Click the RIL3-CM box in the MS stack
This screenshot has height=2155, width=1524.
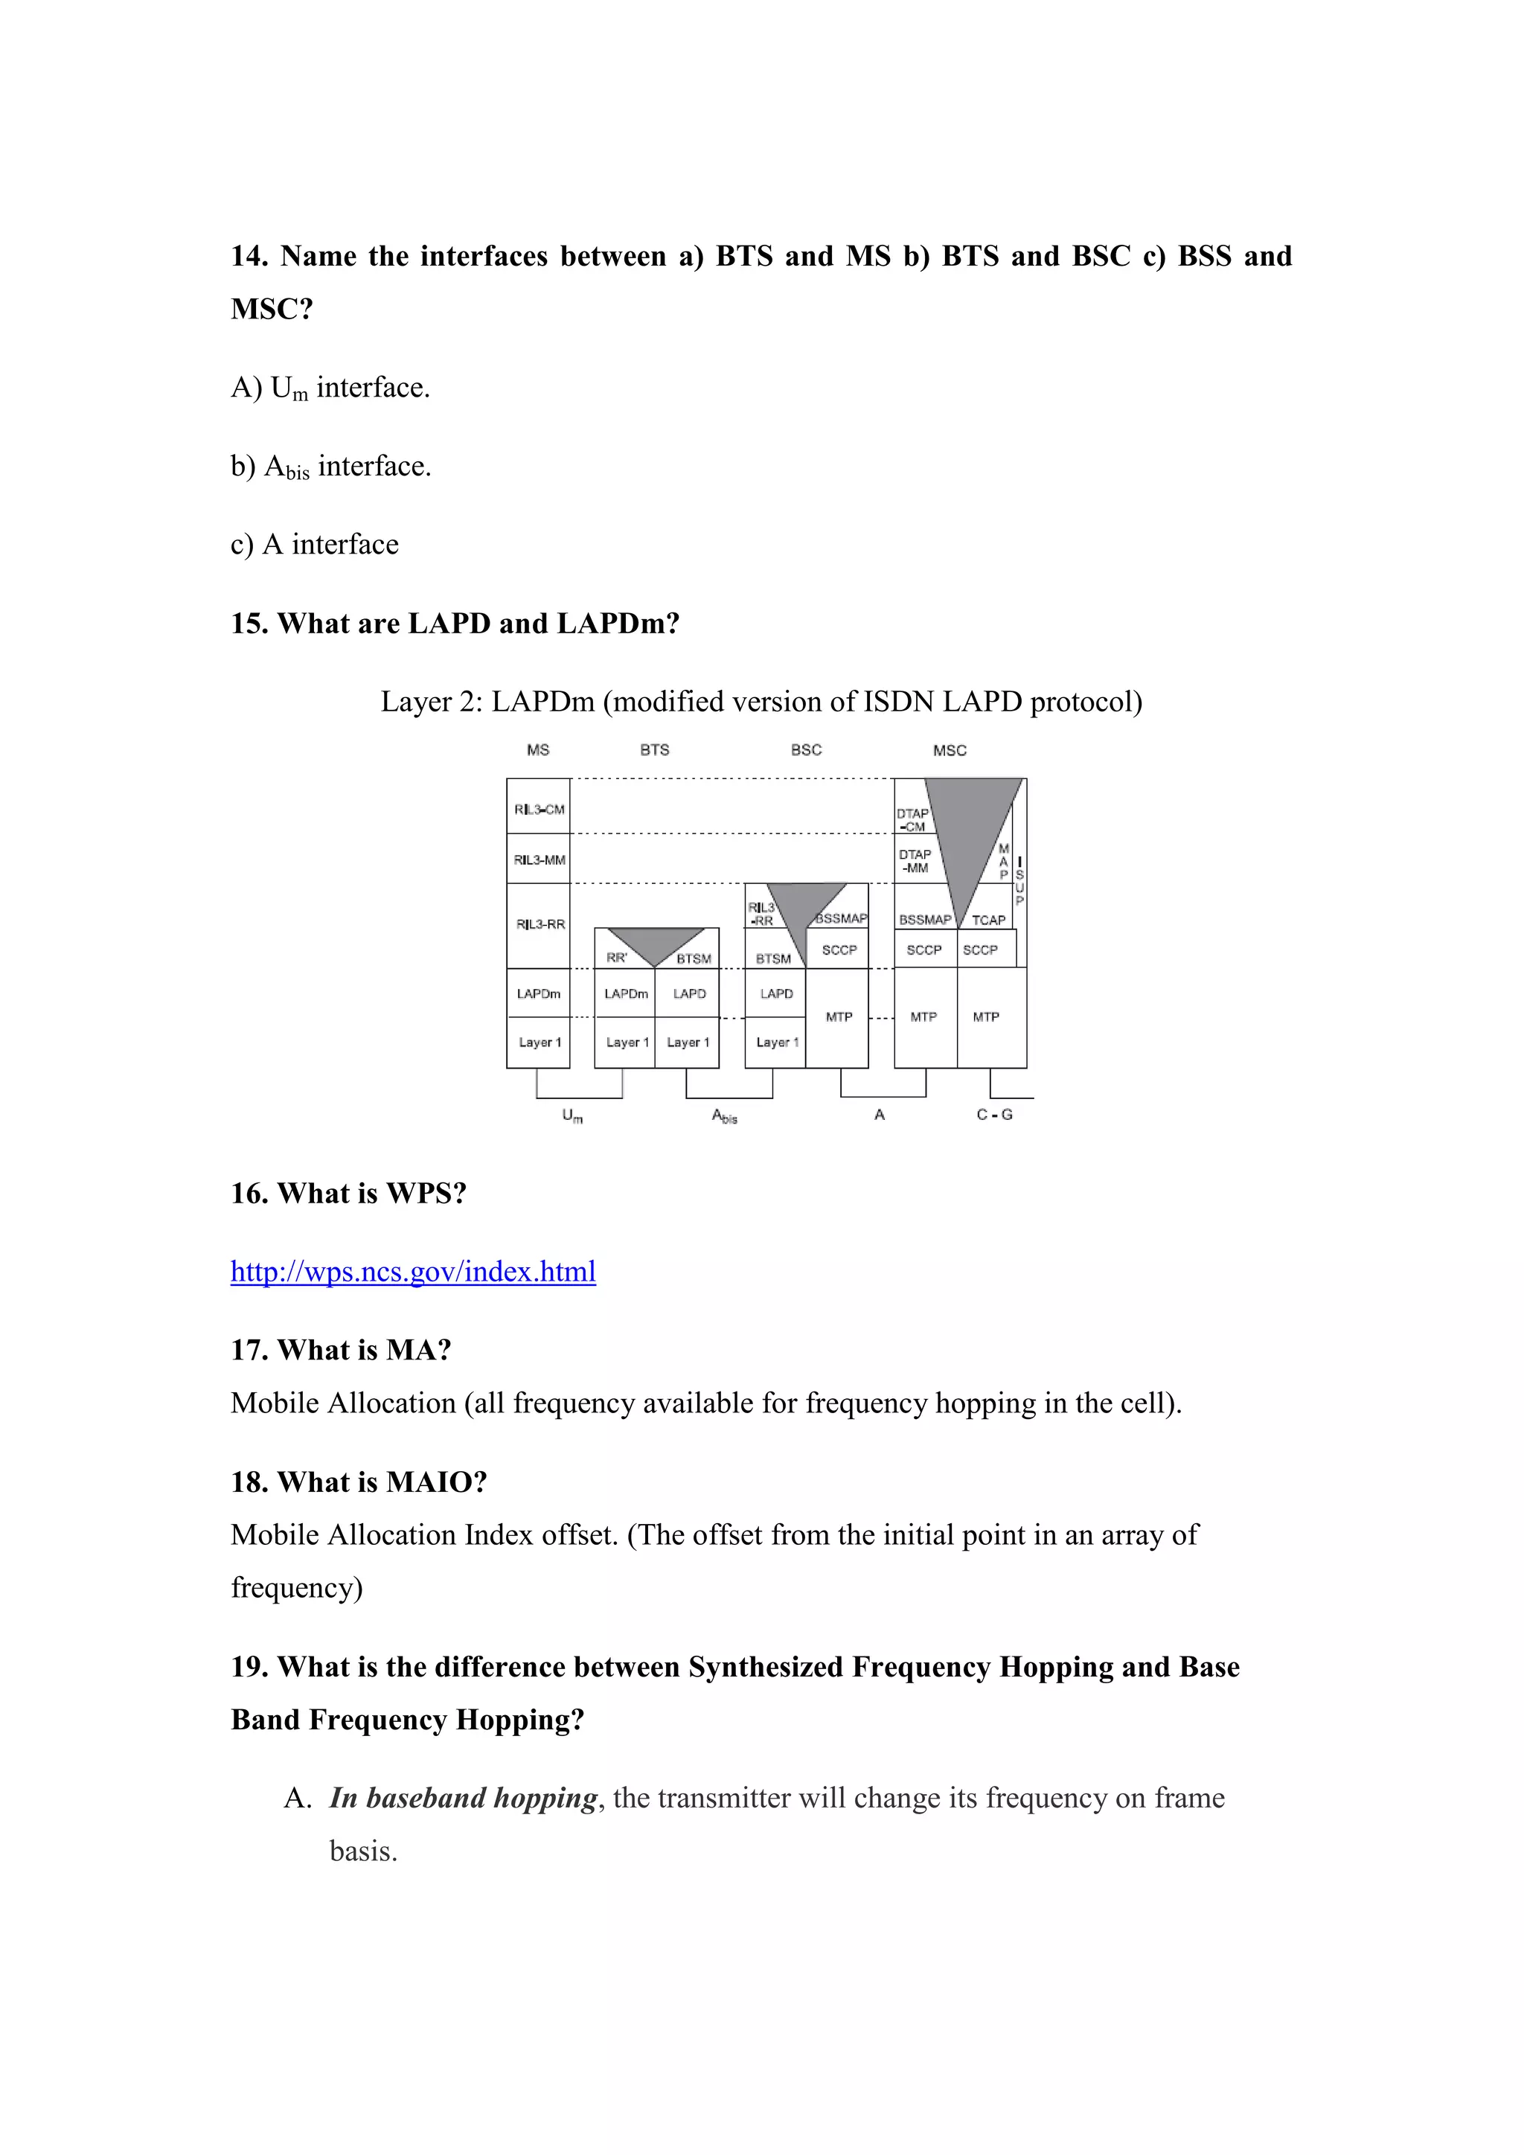pyautogui.click(x=539, y=809)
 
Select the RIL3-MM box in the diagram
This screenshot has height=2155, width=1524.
pyautogui.click(x=539, y=859)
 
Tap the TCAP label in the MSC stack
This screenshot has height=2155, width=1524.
pyautogui.click(x=988, y=920)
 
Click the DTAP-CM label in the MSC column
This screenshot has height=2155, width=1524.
pyautogui.click(x=912, y=820)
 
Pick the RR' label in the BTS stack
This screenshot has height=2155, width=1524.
pyautogui.click(x=617, y=958)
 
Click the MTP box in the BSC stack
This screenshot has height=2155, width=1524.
pyautogui.click(x=839, y=1016)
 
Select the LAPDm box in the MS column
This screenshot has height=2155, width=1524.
pyautogui.click(x=539, y=993)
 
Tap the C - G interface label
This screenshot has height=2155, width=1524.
pyautogui.click(x=995, y=1115)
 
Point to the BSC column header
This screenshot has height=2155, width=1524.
pyautogui.click(x=806, y=750)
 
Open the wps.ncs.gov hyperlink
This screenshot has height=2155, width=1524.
pyautogui.click(x=413, y=1271)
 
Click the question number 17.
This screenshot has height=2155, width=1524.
pyautogui.click(x=249, y=1351)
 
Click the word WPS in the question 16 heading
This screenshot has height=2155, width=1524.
pyautogui.click(x=420, y=1194)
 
